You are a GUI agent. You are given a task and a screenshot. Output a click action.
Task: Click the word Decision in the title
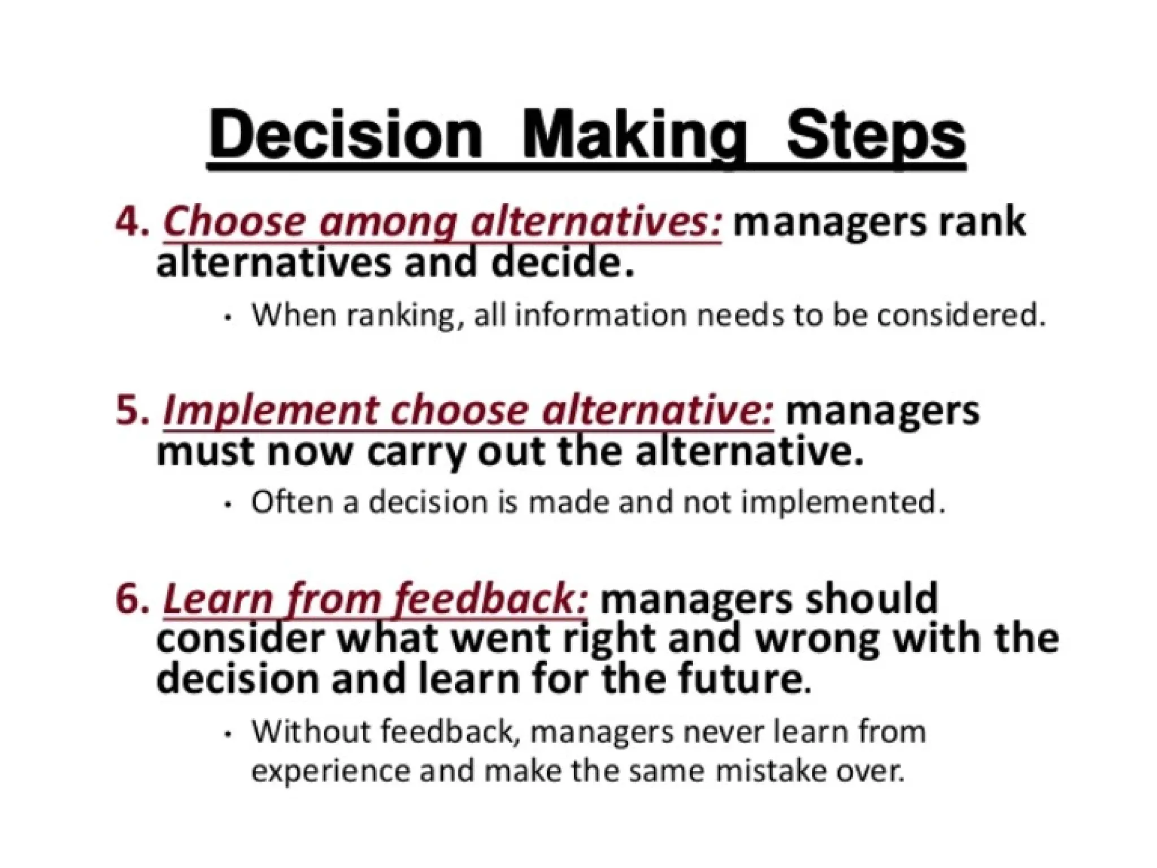click(x=345, y=136)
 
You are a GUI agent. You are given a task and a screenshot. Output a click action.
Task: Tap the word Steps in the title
click(x=875, y=136)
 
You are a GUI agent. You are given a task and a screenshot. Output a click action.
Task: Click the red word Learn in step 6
click(x=218, y=599)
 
